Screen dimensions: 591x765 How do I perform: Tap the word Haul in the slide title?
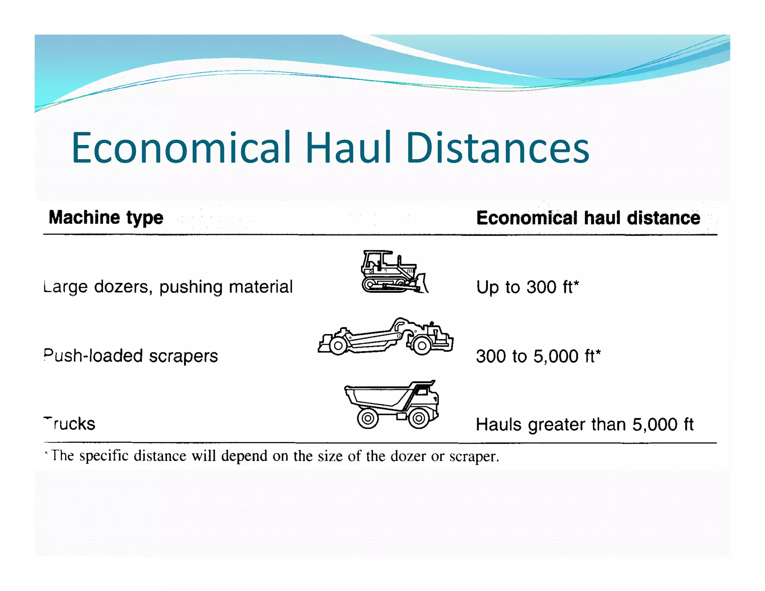(x=349, y=148)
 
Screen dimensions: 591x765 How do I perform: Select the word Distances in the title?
(x=498, y=148)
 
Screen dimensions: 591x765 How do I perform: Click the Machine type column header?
(x=106, y=217)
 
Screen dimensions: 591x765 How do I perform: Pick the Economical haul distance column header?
(x=588, y=218)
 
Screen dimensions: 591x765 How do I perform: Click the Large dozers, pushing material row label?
(x=168, y=287)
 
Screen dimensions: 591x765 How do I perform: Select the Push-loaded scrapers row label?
(x=131, y=356)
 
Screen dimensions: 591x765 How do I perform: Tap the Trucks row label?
(x=70, y=424)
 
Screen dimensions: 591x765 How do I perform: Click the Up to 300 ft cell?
(x=527, y=287)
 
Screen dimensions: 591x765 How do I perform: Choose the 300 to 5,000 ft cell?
(x=538, y=356)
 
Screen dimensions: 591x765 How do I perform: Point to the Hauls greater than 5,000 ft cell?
(x=585, y=424)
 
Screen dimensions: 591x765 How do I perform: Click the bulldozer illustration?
(x=394, y=272)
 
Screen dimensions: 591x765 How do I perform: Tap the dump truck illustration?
(x=392, y=404)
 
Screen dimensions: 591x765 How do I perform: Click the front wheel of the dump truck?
(x=419, y=418)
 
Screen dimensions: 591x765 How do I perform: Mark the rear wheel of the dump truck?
(x=368, y=418)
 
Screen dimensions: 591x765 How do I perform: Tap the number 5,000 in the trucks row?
(x=654, y=424)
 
